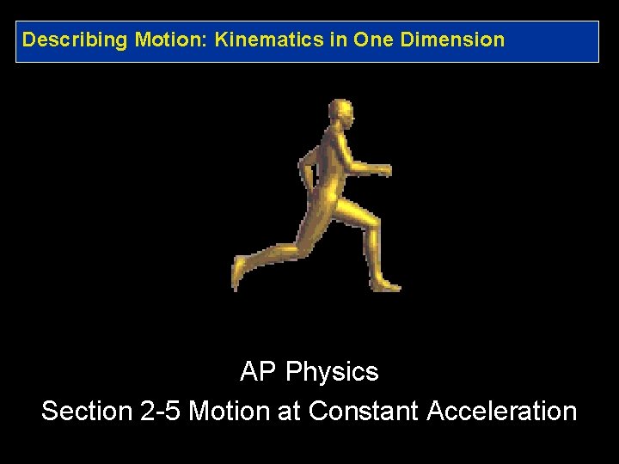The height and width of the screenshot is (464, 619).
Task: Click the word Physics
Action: pyautogui.click(x=332, y=372)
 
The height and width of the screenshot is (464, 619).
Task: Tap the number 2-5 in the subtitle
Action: pyautogui.click(x=160, y=411)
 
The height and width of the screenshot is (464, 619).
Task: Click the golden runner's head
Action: pyautogui.click(x=340, y=114)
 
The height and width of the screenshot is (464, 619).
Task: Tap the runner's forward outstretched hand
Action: pyautogui.click(x=383, y=169)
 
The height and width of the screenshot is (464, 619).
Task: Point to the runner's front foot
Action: pyautogui.click(x=386, y=284)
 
